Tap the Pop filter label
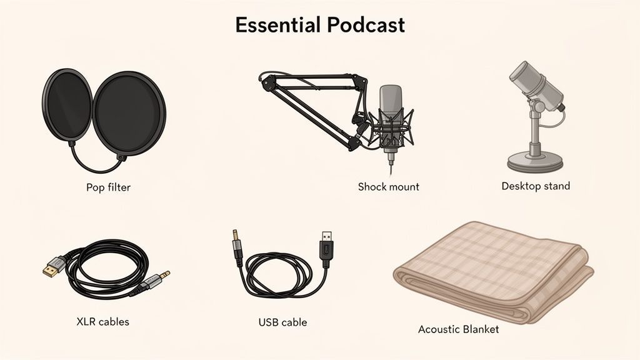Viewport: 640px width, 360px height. tap(109, 187)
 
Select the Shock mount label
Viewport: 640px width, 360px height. tap(388, 187)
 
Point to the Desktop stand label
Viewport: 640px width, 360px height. tap(536, 186)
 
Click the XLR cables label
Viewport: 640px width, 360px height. tap(102, 322)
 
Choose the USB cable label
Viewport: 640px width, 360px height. tap(282, 322)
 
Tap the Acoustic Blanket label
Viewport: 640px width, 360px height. tap(458, 329)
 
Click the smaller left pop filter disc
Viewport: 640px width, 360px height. tap(67, 104)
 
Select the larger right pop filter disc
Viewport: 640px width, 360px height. tap(129, 113)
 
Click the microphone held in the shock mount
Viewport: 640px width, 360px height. tap(391, 106)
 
